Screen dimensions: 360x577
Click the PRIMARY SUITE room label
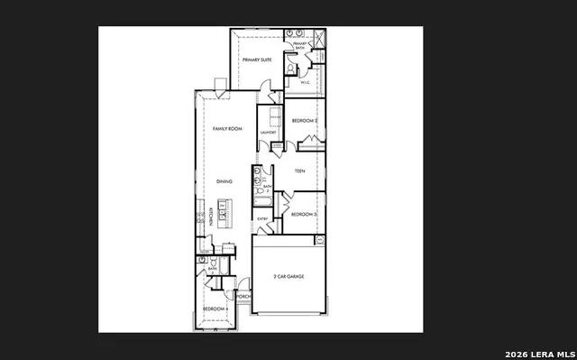pyautogui.click(x=256, y=60)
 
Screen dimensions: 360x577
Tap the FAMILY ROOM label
pyautogui.click(x=227, y=129)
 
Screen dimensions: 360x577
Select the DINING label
pyautogui.click(x=224, y=181)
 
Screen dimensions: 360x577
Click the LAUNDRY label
pyautogui.click(x=268, y=133)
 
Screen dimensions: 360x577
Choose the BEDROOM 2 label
pyautogui.click(x=304, y=120)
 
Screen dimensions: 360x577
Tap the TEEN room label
pyautogui.click(x=299, y=171)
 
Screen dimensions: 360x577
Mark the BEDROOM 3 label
pyautogui.click(x=303, y=214)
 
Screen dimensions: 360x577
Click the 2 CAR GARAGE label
pyautogui.click(x=288, y=276)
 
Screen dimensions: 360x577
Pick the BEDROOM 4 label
pyautogui.click(x=215, y=309)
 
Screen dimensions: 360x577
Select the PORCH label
pyautogui.click(x=243, y=295)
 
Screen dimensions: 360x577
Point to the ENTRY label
pyautogui.click(x=262, y=218)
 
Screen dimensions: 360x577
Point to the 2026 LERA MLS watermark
pyautogui.click(x=539, y=352)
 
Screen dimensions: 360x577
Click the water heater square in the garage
pyautogui.click(x=319, y=239)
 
